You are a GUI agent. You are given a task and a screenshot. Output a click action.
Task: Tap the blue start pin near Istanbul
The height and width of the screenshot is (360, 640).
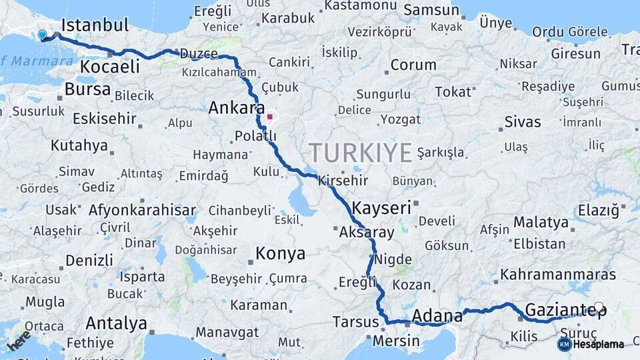(x=43, y=35)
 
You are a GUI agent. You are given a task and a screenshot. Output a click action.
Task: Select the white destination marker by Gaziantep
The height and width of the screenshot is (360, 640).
(x=599, y=307)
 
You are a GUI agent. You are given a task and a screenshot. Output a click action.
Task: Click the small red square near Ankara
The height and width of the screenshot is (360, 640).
(x=269, y=117)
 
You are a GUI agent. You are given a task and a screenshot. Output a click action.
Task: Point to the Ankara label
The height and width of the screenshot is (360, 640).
(x=236, y=107)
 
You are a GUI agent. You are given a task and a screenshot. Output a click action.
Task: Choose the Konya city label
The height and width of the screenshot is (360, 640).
(x=281, y=253)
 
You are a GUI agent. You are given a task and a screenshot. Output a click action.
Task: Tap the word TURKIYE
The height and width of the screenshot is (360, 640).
(x=360, y=153)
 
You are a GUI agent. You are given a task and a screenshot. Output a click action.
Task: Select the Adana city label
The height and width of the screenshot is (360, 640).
(x=437, y=315)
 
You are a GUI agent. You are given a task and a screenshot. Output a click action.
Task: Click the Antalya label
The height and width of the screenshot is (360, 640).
(x=116, y=324)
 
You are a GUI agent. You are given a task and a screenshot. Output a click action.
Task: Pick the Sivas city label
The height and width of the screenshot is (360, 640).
(x=523, y=122)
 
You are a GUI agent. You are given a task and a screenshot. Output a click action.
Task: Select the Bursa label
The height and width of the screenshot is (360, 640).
(x=87, y=90)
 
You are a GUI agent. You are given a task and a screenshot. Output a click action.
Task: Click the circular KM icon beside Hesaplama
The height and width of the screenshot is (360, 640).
(x=564, y=344)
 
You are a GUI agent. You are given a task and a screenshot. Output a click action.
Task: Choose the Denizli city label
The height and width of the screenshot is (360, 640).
(x=89, y=259)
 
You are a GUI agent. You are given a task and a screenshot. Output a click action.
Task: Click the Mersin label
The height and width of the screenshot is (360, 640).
(x=397, y=341)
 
